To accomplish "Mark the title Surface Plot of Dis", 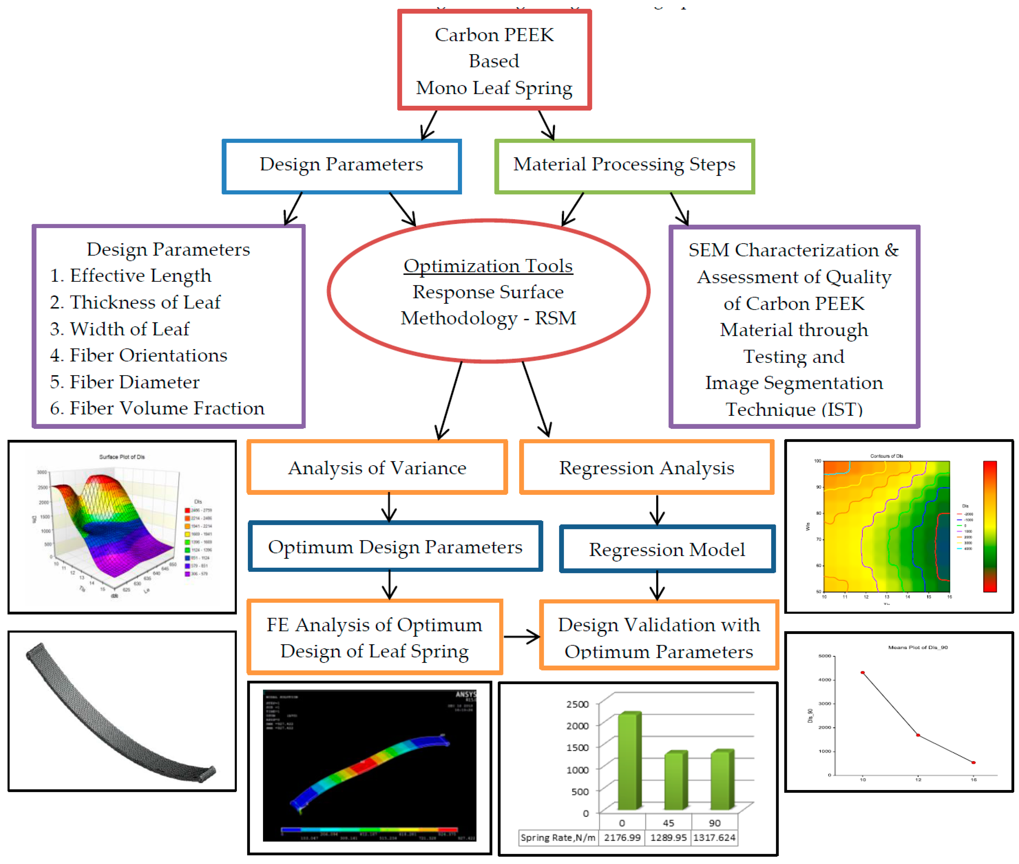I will [x=122, y=457].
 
